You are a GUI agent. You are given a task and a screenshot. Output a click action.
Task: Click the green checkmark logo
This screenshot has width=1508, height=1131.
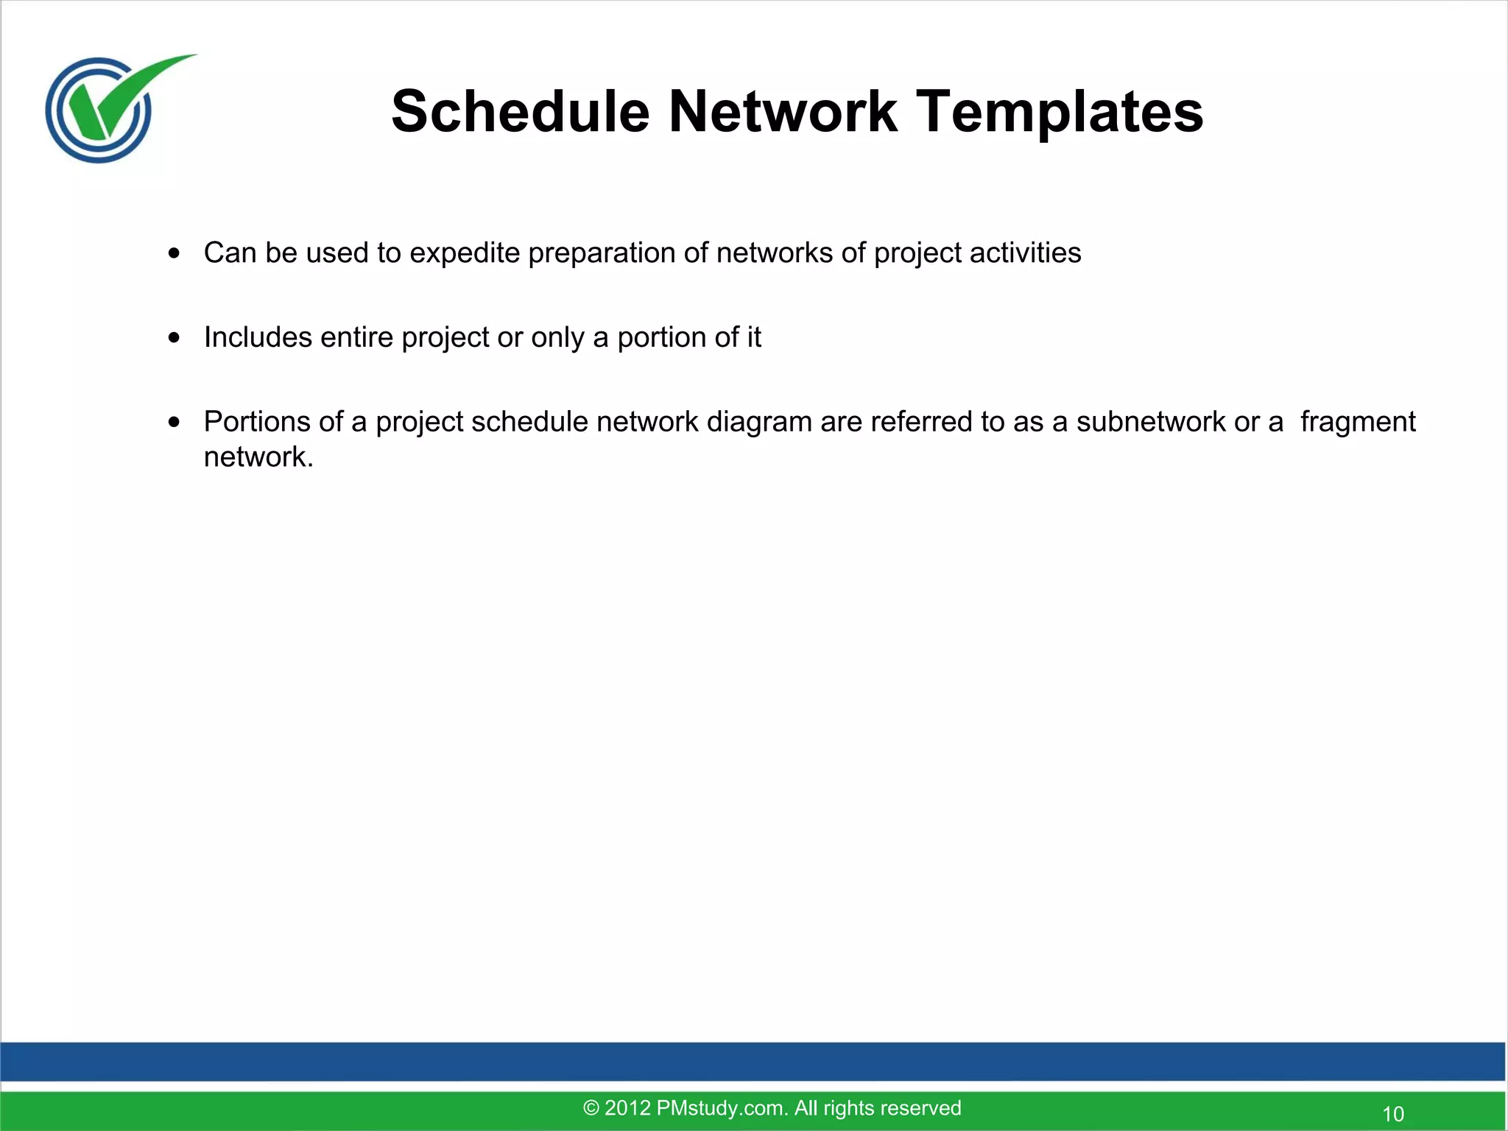click(x=110, y=108)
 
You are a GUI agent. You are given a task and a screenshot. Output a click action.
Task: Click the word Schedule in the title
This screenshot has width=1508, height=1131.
click(x=521, y=112)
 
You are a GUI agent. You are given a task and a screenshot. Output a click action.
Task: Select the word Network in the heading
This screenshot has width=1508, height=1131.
click(x=783, y=112)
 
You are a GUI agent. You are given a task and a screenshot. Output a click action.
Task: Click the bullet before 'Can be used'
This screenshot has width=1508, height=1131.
click(x=174, y=254)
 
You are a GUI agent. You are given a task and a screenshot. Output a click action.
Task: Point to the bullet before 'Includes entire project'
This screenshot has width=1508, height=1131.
click(x=174, y=339)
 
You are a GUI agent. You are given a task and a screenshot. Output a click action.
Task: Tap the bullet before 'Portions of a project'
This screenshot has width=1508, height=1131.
click(x=174, y=423)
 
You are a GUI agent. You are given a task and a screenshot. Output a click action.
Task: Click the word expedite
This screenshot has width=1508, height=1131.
click(x=465, y=253)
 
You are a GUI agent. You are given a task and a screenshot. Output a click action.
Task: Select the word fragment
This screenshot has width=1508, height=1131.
click(x=1357, y=422)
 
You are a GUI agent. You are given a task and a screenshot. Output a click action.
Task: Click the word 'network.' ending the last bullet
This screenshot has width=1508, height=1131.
click(x=258, y=457)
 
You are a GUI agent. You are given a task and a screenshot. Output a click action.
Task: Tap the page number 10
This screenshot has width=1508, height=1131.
click(x=1392, y=1114)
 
